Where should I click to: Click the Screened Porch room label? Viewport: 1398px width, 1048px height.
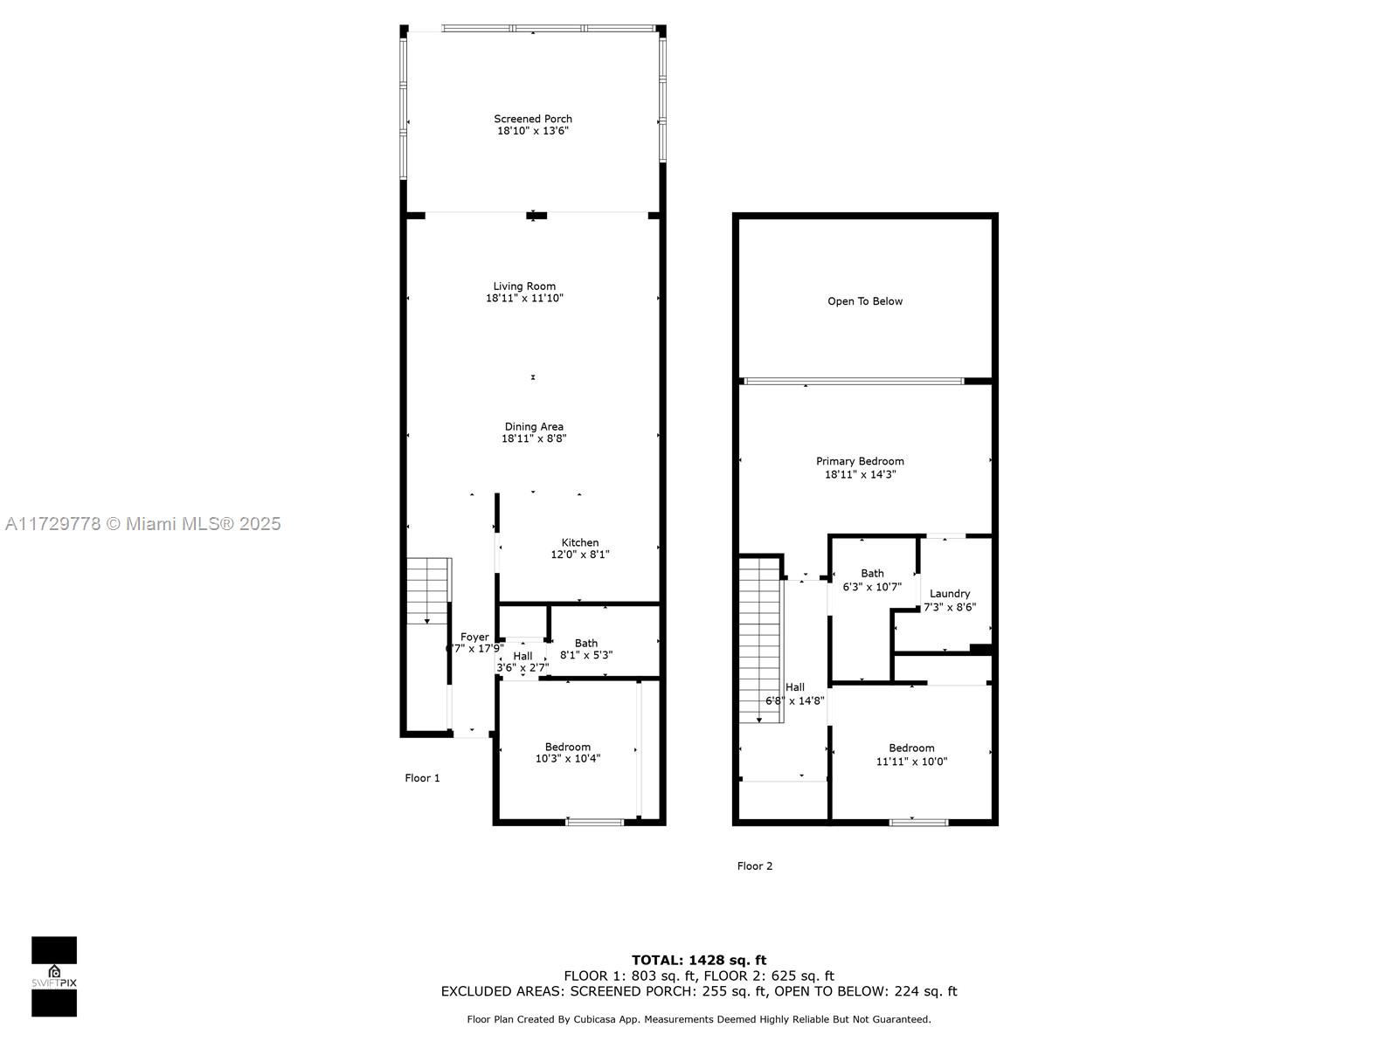click(x=532, y=119)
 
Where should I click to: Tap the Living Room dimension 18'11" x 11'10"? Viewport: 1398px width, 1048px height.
click(x=524, y=298)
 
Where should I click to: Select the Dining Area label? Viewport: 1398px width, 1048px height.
click(x=534, y=426)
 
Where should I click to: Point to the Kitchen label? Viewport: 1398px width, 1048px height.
click(x=579, y=542)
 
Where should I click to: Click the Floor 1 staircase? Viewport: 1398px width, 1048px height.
click(x=429, y=591)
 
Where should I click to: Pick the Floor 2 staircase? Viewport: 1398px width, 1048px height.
click(x=760, y=640)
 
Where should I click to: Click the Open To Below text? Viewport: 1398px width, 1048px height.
click(x=864, y=301)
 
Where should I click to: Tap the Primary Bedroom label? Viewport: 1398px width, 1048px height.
click(x=860, y=461)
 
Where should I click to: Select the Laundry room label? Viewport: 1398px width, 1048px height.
click(x=949, y=594)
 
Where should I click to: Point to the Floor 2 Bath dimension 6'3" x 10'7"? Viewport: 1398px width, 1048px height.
click(x=872, y=587)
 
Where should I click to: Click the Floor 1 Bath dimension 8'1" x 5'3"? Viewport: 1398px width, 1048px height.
click(x=586, y=655)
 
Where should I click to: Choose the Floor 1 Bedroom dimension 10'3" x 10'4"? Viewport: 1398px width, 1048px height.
click(x=567, y=758)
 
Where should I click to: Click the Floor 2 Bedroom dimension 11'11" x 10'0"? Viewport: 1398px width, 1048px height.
click(x=911, y=761)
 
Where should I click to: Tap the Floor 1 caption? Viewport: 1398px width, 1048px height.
click(x=422, y=777)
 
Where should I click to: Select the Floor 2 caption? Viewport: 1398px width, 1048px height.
click(x=755, y=865)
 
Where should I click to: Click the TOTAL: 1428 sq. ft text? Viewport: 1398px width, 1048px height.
click(x=699, y=960)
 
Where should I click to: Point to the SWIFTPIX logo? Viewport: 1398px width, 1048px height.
click(x=54, y=976)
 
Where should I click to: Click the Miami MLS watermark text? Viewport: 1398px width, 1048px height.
click(x=142, y=523)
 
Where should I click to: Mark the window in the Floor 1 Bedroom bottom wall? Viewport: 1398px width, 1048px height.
click(x=595, y=822)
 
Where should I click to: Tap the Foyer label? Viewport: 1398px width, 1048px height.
click(x=474, y=637)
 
